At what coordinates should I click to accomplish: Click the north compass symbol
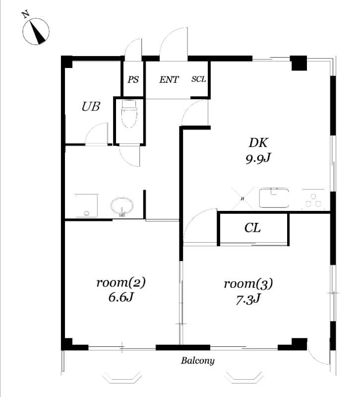(x=36, y=31)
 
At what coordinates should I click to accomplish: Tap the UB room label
(x=91, y=106)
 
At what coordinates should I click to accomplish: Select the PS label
(x=133, y=79)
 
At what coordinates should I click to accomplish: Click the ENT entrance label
(x=169, y=79)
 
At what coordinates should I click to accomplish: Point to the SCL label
(x=198, y=79)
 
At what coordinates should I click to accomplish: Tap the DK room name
(x=258, y=143)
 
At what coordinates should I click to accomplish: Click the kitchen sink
(x=274, y=198)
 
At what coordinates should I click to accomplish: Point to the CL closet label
(x=252, y=228)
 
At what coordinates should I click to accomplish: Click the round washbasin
(x=121, y=205)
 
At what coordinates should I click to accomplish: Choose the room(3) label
(x=248, y=284)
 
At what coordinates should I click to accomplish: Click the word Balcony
(x=197, y=361)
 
